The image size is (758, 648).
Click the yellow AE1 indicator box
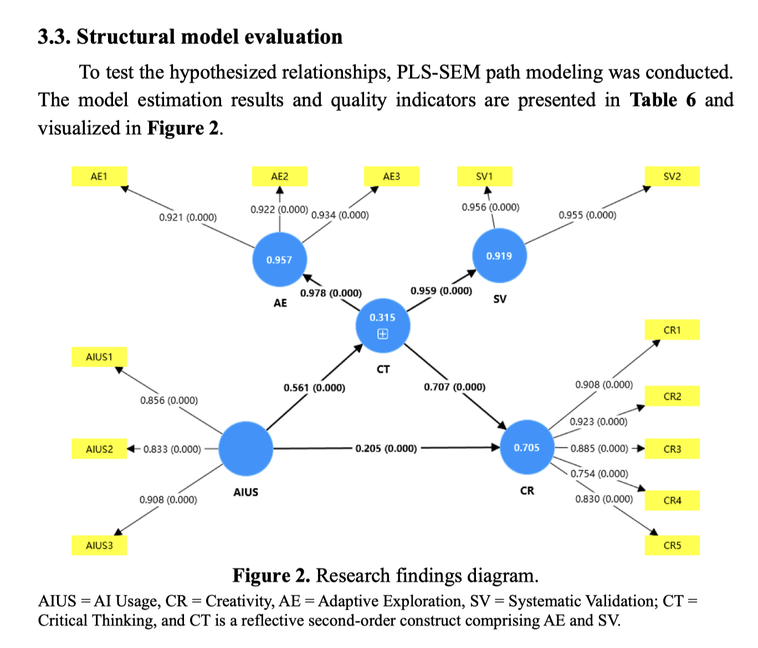[x=99, y=176]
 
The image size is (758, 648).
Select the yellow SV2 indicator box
[x=672, y=176]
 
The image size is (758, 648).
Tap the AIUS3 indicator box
[x=99, y=545]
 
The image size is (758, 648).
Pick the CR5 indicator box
[x=672, y=545]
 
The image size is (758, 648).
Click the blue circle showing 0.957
[x=279, y=260]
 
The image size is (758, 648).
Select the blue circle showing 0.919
[x=499, y=256]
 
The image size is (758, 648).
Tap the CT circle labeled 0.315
[x=383, y=326]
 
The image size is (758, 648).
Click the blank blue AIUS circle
[x=246, y=449]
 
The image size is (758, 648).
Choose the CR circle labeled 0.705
[x=526, y=448]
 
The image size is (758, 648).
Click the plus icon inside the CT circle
[x=383, y=334]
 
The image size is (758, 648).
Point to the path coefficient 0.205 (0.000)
[x=386, y=448]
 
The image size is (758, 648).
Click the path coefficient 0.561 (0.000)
[x=314, y=388]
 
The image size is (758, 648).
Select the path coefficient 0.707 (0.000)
[x=454, y=387]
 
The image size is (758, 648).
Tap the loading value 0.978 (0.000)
[x=331, y=293]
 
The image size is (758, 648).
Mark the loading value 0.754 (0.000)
[x=599, y=474]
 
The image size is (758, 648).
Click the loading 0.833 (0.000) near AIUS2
[x=172, y=449]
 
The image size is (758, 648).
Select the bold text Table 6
[x=663, y=100]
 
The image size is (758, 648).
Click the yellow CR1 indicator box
[x=672, y=330]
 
